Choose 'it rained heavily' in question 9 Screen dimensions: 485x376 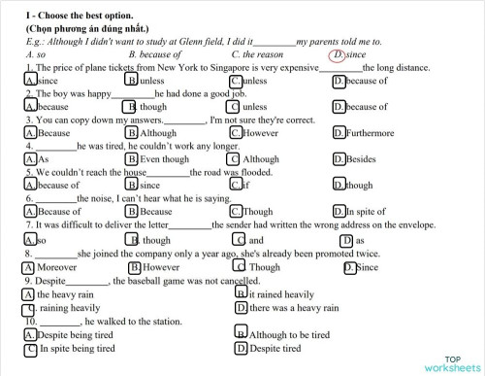(280, 293)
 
